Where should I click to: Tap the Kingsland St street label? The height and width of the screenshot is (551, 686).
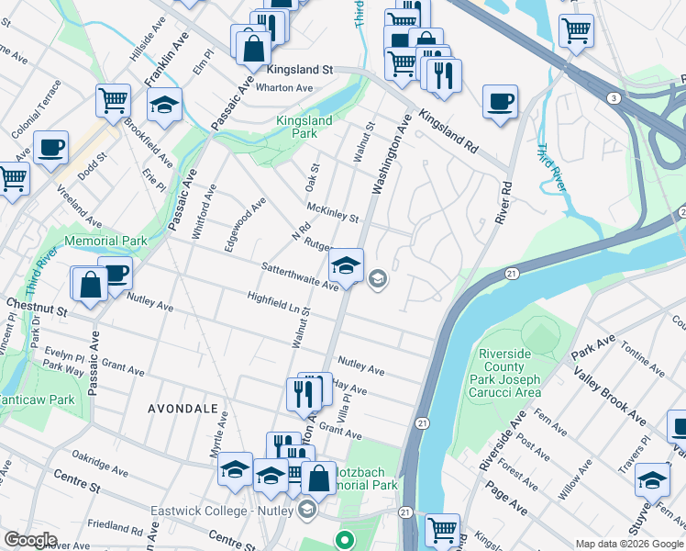[299, 70]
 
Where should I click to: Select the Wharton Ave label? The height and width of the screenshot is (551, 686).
[284, 88]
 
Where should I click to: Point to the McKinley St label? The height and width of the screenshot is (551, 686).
[332, 213]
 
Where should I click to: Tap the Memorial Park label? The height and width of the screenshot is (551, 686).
[105, 242]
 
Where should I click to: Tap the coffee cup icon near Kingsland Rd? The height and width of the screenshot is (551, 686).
[500, 102]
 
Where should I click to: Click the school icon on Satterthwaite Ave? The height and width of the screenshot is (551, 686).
[346, 265]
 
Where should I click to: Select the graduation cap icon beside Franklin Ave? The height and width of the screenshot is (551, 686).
[165, 106]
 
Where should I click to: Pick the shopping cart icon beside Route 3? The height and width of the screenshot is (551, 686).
[576, 30]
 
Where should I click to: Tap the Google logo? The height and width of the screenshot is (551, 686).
[30, 540]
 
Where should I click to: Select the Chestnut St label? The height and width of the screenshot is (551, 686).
[38, 303]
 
